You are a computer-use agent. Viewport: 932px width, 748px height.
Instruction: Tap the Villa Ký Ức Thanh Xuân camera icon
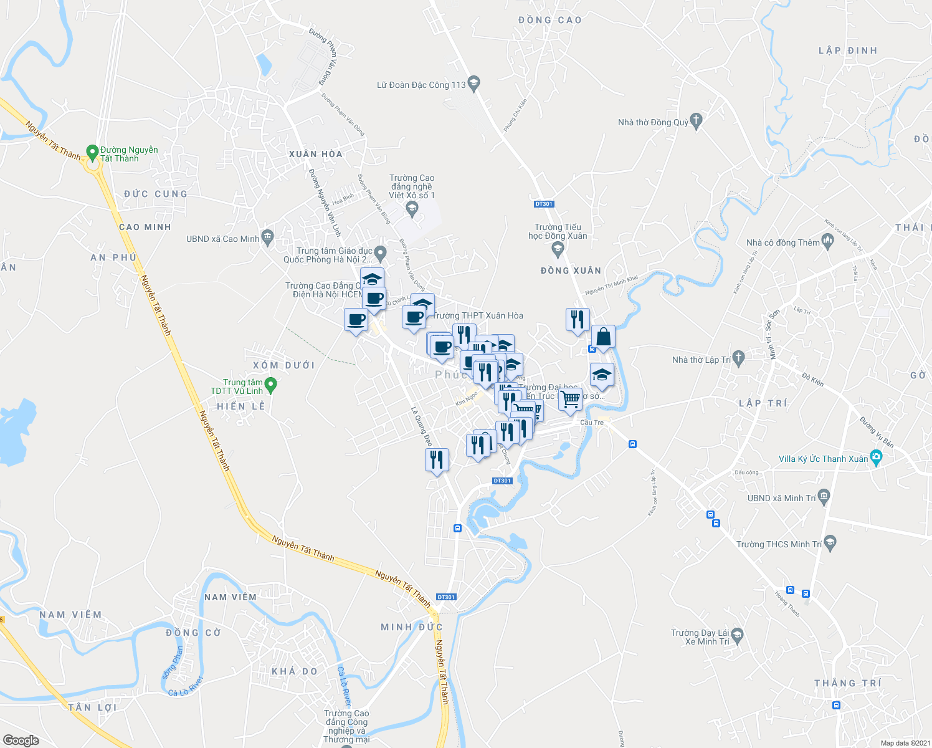coord(876,458)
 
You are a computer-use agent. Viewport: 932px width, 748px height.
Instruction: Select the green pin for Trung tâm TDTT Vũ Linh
coord(270,386)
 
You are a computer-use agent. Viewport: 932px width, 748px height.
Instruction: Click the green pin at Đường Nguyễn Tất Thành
coord(92,151)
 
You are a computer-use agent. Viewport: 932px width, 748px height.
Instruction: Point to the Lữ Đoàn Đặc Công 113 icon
coord(474,84)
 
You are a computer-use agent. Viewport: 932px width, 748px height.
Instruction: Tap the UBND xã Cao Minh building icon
coord(267,237)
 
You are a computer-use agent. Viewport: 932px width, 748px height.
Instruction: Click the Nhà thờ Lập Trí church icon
coord(738,358)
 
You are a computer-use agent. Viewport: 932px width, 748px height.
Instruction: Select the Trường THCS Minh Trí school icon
coord(829,542)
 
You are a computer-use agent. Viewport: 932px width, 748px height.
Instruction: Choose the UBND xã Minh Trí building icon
coord(824,497)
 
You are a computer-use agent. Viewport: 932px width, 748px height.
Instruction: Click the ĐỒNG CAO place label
coord(550,20)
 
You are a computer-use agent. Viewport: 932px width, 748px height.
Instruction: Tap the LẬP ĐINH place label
coord(847,50)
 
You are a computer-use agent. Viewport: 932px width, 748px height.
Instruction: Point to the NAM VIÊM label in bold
coord(230,597)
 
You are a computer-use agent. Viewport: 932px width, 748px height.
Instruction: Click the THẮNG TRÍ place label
coord(847,683)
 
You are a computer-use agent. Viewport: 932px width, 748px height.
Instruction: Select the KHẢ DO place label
coord(295,671)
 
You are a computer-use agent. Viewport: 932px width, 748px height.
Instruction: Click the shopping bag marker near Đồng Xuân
coord(603,338)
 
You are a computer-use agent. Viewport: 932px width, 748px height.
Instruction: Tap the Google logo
coord(21,741)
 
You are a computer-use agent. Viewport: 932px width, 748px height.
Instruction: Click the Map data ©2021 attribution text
coord(905,743)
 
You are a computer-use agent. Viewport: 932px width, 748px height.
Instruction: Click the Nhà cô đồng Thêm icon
coord(828,241)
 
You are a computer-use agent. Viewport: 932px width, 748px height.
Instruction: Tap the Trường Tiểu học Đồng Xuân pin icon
coord(558,250)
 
